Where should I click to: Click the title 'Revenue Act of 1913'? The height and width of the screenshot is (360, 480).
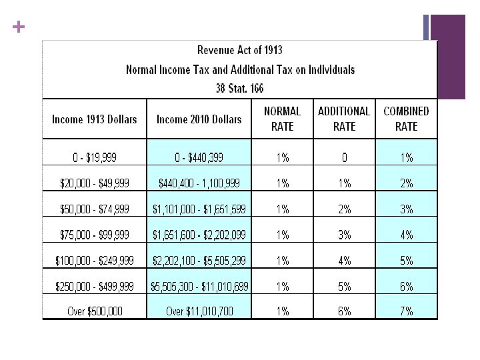(x=239, y=50)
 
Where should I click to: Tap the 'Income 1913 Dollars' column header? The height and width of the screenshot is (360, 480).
(x=94, y=119)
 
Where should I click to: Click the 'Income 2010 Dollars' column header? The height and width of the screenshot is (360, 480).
(x=199, y=119)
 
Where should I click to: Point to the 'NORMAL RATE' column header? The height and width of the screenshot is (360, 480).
(x=283, y=119)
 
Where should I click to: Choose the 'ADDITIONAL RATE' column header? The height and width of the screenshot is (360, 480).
(x=344, y=119)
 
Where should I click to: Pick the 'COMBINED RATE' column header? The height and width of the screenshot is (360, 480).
(x=406, y=119)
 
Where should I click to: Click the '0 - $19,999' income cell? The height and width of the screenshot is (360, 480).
(x=94, y=158)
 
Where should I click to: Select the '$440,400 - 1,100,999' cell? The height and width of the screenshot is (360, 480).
(x=199, y=183)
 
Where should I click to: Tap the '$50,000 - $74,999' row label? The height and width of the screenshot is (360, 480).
(x=94, y=209)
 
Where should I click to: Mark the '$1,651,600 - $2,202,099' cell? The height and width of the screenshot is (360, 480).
(x=199, y=235)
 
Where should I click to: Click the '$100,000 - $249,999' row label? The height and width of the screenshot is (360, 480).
(x=94, y=261)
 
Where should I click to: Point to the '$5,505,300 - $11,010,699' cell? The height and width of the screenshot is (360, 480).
(x=199, y=287)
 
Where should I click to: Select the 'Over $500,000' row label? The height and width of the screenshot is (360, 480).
(x=94, y=311)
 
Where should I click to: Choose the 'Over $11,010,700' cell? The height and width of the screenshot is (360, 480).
(x=199, y=311)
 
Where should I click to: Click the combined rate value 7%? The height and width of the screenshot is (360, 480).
(x=406, y=311)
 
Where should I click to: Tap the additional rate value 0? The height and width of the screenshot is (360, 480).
(x=344, y=158)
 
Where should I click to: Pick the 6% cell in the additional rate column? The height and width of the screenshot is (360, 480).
(x=344, y=311)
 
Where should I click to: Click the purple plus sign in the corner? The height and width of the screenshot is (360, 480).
(x=17, y=27)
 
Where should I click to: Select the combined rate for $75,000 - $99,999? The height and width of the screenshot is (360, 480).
(x=406, y=235)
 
